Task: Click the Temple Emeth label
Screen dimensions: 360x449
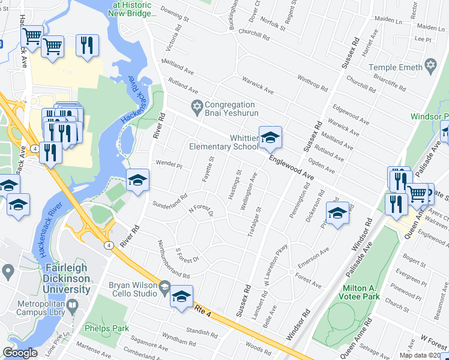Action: pyautogui.click(x=396, y=68)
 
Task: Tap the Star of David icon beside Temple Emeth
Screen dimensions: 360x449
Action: pyautogui.click(x=430, y=65)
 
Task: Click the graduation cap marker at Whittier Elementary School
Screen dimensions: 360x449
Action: pyautogui.click(x=270, y=138)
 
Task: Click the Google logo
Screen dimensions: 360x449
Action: pyautogui.click(x=19, y=353)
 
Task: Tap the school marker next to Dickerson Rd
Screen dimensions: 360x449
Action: pyautogui.click(x=337, y=212)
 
